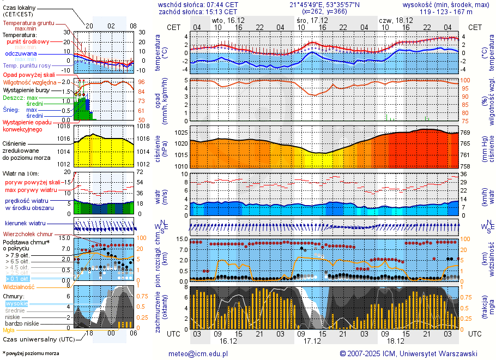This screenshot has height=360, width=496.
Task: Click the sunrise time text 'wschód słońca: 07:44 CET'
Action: point(198,4)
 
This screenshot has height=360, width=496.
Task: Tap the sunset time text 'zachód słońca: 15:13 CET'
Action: point(198,11)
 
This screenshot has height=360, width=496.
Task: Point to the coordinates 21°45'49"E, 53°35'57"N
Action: point(325,4)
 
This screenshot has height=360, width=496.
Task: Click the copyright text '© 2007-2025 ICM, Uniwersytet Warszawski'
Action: point(408,353)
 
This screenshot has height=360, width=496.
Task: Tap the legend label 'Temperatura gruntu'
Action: point(28,23)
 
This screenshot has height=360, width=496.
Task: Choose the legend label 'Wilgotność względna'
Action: point(33,82)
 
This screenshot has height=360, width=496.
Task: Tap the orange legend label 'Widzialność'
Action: point(19,286)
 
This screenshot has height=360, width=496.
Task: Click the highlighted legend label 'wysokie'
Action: point(16,303)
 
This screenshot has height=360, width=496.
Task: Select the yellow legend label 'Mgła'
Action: point(9,330)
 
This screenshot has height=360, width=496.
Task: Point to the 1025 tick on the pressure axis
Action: point(181,133)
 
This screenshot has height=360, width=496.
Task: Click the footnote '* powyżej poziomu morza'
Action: point(31,353)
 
